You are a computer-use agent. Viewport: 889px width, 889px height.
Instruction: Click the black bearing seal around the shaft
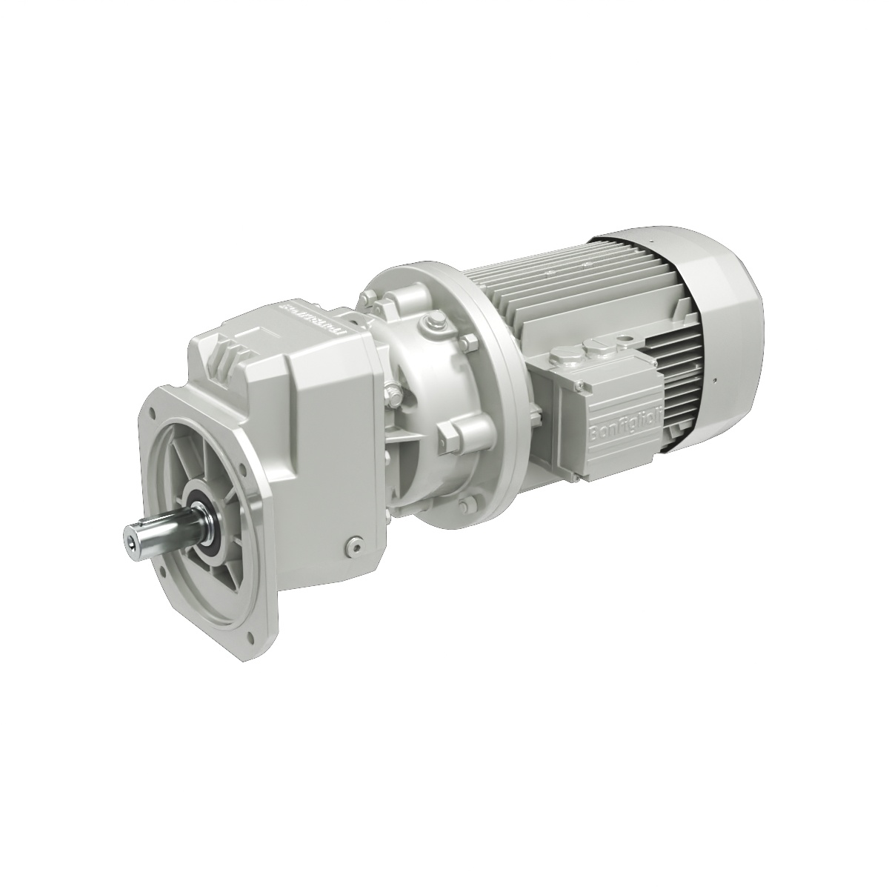point(202,519)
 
